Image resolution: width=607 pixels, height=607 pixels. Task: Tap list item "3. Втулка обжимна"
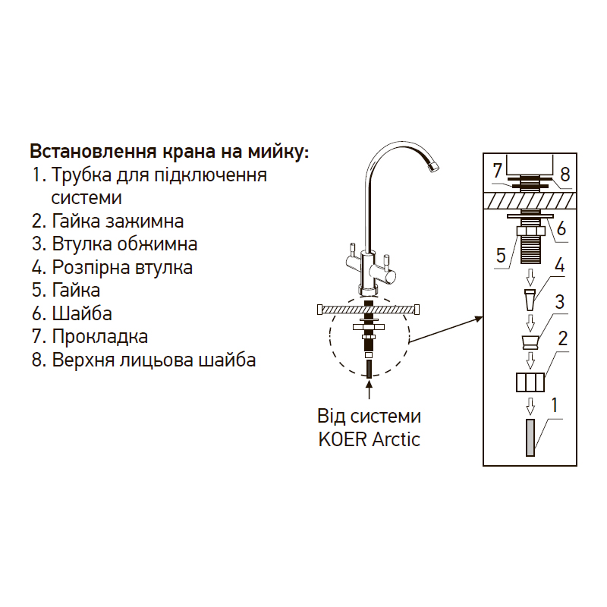coord(115,244)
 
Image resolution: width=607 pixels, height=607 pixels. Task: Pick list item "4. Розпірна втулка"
coord(112,267)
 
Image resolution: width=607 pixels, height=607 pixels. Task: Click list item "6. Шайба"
coord(72,313)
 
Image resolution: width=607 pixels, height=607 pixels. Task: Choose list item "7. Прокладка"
coord(90,336)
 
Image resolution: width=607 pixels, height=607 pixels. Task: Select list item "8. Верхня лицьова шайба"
coord(143,360)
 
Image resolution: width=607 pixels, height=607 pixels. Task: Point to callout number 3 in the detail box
coord(559,302)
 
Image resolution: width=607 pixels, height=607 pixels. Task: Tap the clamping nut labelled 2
coord(530,381)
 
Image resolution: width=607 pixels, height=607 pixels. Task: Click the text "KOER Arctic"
coord(369,439)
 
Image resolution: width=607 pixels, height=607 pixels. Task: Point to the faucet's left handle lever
coord(352,250)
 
